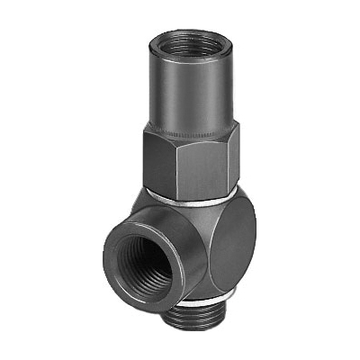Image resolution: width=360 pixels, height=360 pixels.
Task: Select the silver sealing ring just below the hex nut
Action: pos(193,193)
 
